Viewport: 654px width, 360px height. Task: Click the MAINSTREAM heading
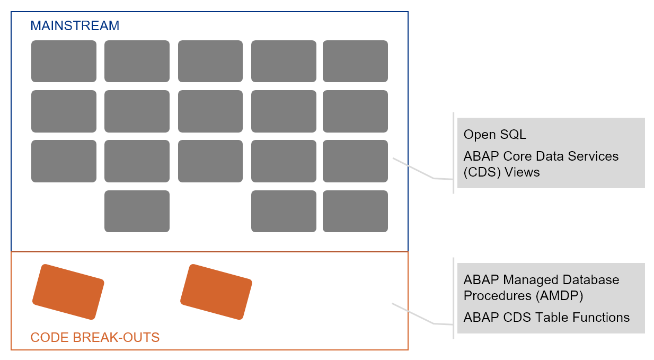click(x=75, y=25)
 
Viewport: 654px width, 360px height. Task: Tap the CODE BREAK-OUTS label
click(x=95, y=337)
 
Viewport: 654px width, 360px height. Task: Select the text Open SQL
click(x=494, y=135)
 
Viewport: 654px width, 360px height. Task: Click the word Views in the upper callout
click(x=522, y=172)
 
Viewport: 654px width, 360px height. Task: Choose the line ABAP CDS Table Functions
click(x=546, y=318)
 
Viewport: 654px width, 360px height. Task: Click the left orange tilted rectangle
click(x=68, y=292)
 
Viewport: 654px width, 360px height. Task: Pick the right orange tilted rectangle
click(x=216, y=292)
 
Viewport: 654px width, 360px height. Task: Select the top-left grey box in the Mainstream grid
click(x=64, y=61)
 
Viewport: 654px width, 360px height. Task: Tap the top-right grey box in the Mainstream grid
click(x=355, y=61)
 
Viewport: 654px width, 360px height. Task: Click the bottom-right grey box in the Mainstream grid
click(x=355, y=211)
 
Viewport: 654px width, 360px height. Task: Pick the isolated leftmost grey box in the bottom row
click(x=137, y=211)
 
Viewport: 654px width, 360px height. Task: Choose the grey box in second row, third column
click(x=210, y=111)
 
